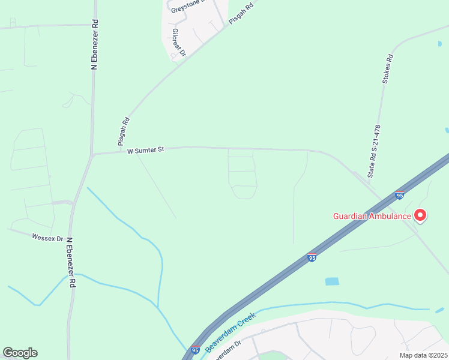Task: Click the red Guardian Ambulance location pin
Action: click(420, 215)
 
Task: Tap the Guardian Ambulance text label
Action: click(372, 216)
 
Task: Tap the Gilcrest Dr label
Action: click(179, 43)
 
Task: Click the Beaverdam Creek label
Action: click(231, 332)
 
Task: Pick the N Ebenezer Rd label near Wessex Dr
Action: click(71, 262)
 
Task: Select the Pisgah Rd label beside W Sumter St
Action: click(124, 127)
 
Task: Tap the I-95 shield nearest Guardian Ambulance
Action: click(400, 195)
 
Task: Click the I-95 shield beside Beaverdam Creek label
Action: click(195, 349)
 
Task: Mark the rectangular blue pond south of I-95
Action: click(332, 281)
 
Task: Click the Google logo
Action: click(20, 353)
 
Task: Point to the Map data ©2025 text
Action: click(423, 355)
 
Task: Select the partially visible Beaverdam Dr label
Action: click(224, 349)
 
